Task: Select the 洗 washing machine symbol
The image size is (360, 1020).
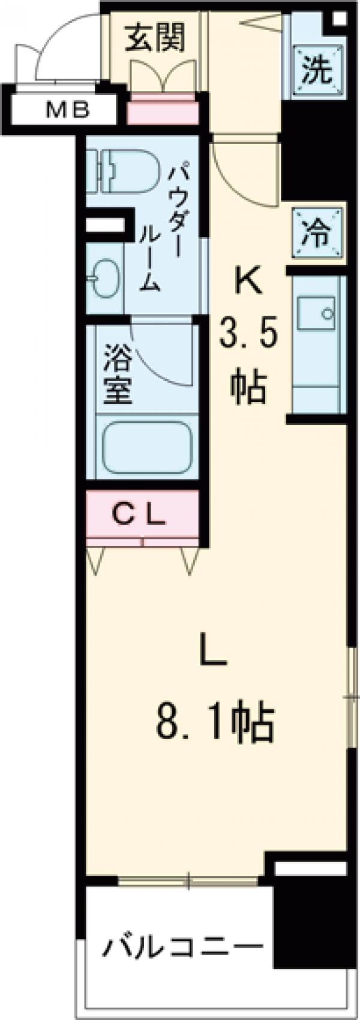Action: click(x=316, y=71)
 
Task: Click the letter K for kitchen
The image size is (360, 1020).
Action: click(x=248, y=280)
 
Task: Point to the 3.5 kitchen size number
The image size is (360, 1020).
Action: click(x=247, y=333)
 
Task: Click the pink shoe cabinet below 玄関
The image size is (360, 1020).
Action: click(x=163, y=111)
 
